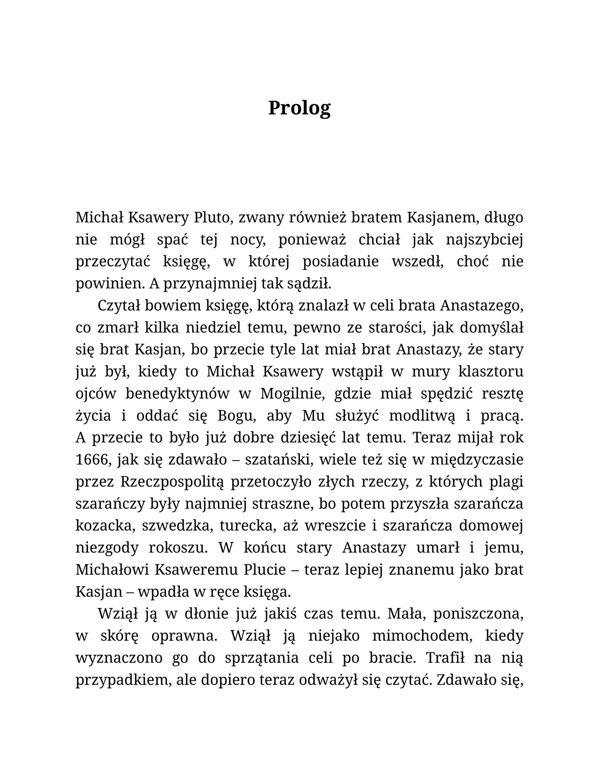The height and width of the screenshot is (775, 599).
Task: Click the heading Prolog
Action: click(299, 108)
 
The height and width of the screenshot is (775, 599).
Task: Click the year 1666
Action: click(91, 460)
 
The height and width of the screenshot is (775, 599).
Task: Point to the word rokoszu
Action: click(177, 548)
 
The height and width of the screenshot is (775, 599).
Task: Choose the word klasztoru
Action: click(491, 372)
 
